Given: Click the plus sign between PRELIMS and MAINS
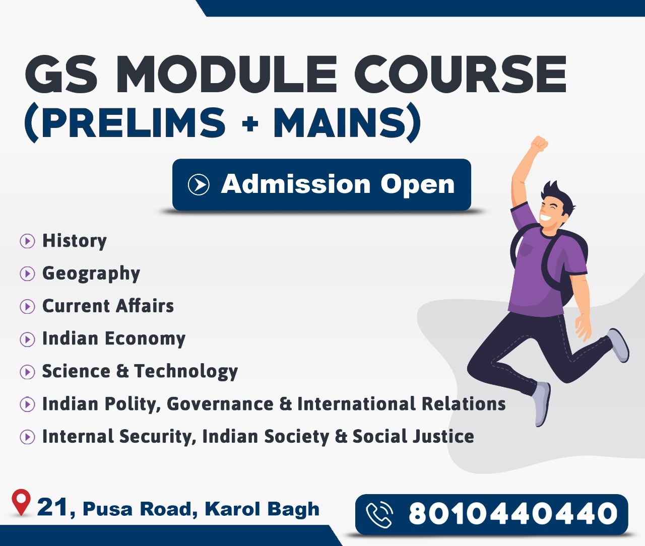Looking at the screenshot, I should (x=250, y=124).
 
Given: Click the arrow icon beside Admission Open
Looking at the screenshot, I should (x=199, y=184).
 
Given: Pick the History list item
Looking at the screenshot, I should (x=75, y=241).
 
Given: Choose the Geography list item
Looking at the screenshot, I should (x=91, y=274).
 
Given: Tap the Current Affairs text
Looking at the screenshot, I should (x=108, y=306).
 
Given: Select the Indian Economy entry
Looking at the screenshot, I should (x=114, y=338).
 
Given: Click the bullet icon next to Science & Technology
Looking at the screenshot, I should (x=27, y=372).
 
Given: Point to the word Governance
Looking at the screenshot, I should (x=220, y=404).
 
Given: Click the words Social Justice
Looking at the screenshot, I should (x=413, y=436).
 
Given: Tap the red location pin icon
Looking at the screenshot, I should (x=21, y=502).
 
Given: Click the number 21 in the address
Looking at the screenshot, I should (x=52, y=507).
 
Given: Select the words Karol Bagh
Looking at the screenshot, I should (x=262, y=509).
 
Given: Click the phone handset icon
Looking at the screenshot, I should (x=379, y=515).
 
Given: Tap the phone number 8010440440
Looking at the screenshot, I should (x=513, y=514).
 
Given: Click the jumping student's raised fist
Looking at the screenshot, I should (x=539, y=144).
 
